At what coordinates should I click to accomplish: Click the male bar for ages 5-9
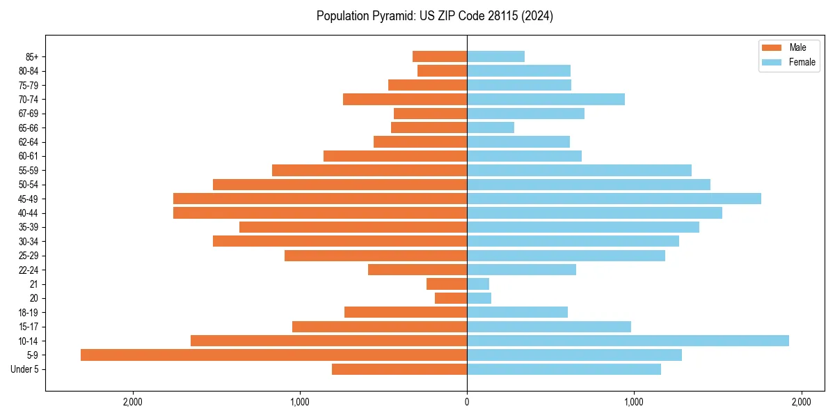273,355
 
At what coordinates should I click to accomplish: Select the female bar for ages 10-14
628,341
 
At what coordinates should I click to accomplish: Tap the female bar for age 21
478,284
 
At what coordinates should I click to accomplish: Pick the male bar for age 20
451,298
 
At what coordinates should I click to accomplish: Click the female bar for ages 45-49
614,199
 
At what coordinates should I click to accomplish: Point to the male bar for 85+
440,56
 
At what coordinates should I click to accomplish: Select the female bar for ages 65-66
491,127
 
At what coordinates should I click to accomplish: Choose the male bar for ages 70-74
405,99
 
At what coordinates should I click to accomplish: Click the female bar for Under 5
564,369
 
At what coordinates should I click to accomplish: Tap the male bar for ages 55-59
369,170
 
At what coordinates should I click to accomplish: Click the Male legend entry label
797,47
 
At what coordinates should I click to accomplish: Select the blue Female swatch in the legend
772,62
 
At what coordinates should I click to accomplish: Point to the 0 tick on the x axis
467,402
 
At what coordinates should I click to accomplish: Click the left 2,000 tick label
132,402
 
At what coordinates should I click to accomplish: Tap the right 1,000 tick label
634,402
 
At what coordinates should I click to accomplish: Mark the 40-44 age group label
28,213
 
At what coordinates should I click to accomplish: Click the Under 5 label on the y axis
24,369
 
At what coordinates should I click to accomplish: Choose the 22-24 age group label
28,270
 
